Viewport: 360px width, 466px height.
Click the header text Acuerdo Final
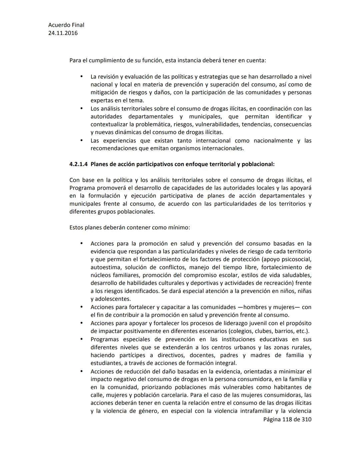click(66, 25)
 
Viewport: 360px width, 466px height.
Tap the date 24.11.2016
click(63, 33)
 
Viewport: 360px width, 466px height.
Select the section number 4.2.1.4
click(79, 164)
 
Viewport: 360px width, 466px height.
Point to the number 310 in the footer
click(306, 419)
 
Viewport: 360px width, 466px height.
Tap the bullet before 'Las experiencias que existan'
click(81, 140)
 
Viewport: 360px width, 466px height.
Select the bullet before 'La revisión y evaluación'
click(81, 76)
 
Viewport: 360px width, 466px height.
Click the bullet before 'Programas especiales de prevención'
click(81, 339)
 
